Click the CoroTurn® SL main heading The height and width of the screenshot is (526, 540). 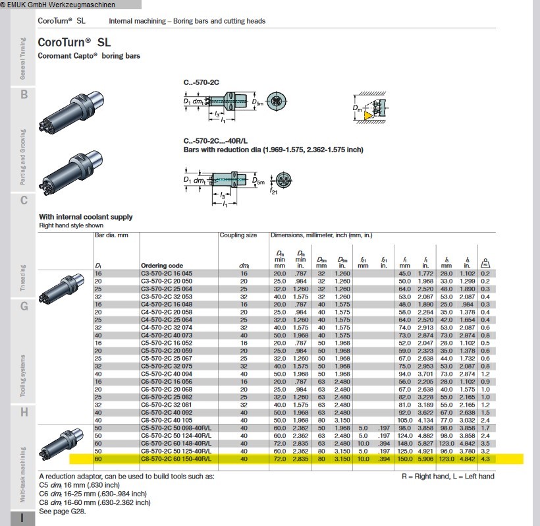[74, 42]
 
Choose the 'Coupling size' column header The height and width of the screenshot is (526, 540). [238, 235]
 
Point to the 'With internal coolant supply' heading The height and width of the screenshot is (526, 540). [86, 217]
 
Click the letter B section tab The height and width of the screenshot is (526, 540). [24, 95]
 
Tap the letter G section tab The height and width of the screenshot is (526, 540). [24, 307]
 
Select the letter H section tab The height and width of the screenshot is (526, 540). [24, 413]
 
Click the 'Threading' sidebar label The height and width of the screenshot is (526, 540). [23, 277]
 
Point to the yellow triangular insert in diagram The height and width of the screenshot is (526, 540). [365, 115]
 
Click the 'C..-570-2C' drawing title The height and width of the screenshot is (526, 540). [201, 83]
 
